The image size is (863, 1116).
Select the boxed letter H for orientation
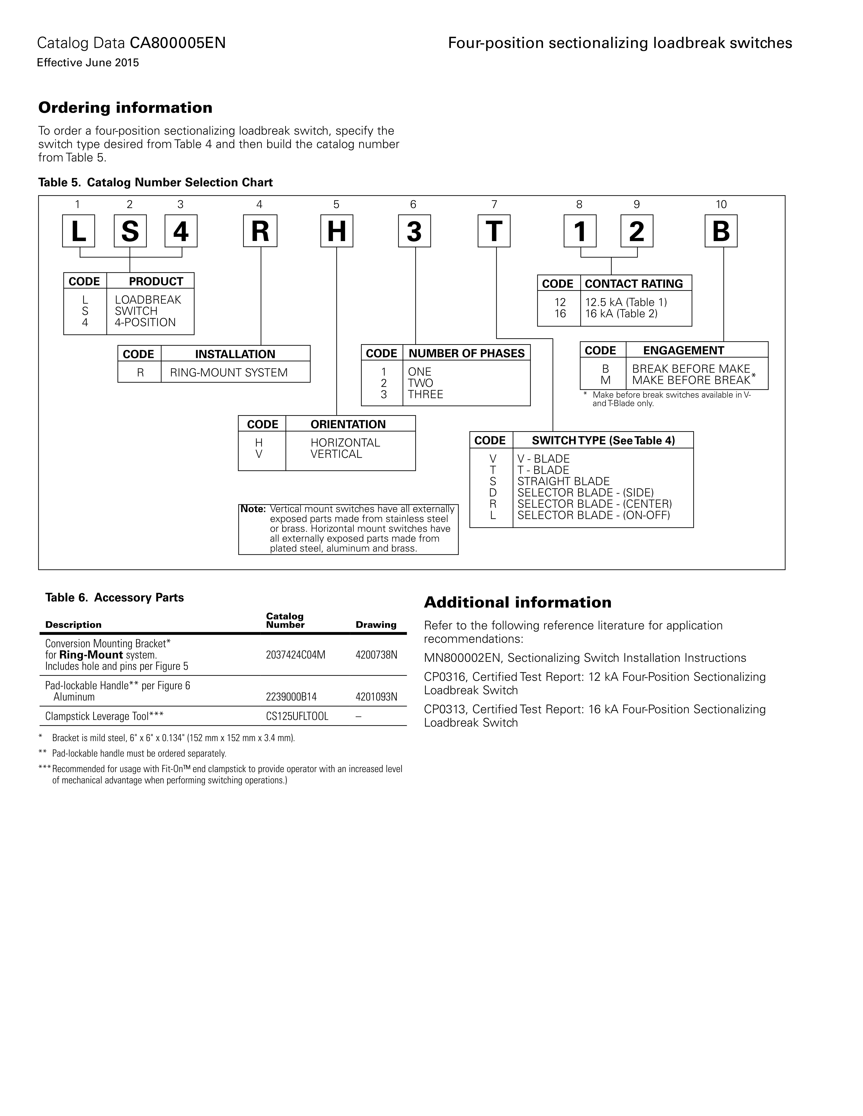[337, 231]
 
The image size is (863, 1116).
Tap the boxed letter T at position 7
[494, 231]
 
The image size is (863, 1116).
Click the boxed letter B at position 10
[721, 231]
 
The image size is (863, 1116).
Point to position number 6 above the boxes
[413, 204]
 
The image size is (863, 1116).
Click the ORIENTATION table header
[348, 424]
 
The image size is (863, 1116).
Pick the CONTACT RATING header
[634, 284]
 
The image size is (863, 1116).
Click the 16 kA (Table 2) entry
[621, 314]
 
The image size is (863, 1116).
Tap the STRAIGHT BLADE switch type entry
[563, 481]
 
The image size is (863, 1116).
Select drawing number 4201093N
[376, 697]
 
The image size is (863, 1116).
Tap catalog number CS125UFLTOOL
[297, 716]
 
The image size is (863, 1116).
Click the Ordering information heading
[125, 108]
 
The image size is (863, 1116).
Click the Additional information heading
[517, 602]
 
